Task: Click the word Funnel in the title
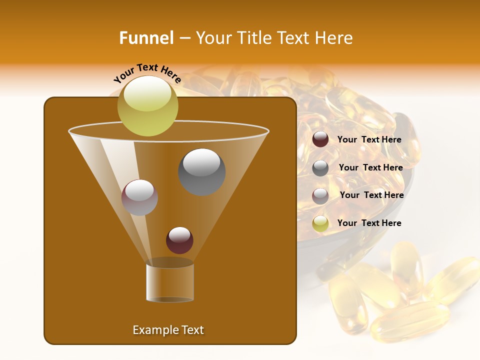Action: (146, 38)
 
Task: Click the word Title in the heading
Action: (253, 38)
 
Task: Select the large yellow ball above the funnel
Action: (147, 105)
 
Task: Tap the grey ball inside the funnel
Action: (201, 171)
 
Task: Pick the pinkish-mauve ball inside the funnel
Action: (139, 197)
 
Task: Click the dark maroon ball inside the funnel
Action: (179, 240)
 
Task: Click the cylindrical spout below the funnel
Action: (169, 282)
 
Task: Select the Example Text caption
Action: (168, 330)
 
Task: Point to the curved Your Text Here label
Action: (147, 73)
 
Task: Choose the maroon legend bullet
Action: (320, 139)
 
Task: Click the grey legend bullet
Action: (320, 168)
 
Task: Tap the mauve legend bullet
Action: (320, 196)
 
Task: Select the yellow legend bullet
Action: (320, 223)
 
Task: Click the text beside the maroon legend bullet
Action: (369, 139)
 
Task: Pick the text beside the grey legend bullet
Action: (370, 167)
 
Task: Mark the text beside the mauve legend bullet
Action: (371, 195)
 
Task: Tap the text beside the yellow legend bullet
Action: (369, 223)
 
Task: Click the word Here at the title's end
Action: (334, 38)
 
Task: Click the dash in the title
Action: (184, 38)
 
